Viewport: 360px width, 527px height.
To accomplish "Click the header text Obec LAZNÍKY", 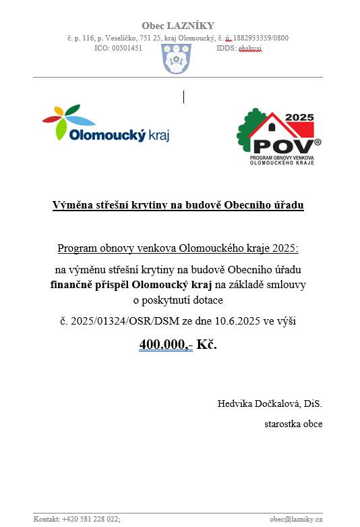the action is [x=177, y=26].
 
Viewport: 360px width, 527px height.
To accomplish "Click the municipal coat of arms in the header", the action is [x=177, y=59].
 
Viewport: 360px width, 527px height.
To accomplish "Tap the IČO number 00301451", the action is [x=127, y=49].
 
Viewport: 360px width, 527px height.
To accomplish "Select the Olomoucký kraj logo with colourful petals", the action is [x=106, y=124].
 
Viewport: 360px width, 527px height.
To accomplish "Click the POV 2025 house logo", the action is [x=278, y=136].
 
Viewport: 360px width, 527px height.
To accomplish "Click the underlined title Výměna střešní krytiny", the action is [x=178, y=205].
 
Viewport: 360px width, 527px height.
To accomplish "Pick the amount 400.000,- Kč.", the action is [x=178, y=345].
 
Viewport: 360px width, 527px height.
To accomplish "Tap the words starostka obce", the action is [x=293, y=424].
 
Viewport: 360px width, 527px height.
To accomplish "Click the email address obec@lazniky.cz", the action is [x=296, y=519].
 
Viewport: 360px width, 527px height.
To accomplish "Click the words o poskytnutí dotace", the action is [x=178, y=300].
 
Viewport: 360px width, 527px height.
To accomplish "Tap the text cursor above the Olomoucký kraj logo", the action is [x=183, y=96].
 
